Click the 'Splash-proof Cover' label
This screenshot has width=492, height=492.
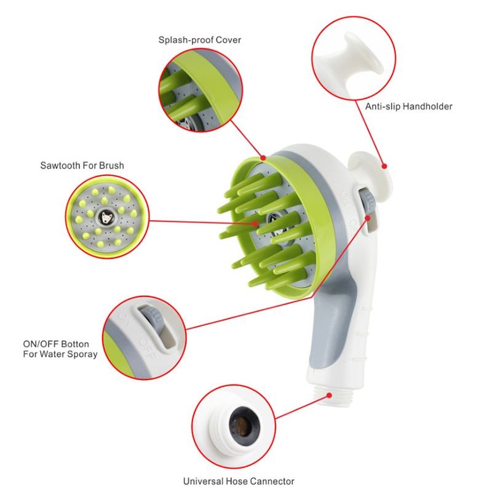(x=199, y=40)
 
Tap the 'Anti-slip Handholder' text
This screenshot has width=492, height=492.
(x=408, y=106)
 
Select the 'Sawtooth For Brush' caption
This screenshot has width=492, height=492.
(x=82, y=165)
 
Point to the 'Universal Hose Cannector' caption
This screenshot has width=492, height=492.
(x=239, y=481)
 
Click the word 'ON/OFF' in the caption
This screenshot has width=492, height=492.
(x=40, y=344)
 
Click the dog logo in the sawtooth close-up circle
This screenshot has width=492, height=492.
(x=106, y=217)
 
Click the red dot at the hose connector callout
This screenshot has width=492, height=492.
(x=329, y=395)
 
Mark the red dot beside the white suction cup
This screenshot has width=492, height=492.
(x=384, y=166)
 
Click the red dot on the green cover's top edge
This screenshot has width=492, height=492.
(x=263, y=158)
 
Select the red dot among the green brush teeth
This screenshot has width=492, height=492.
(x=256, y=223)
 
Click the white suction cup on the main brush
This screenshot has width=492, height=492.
(x=370, y=176)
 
